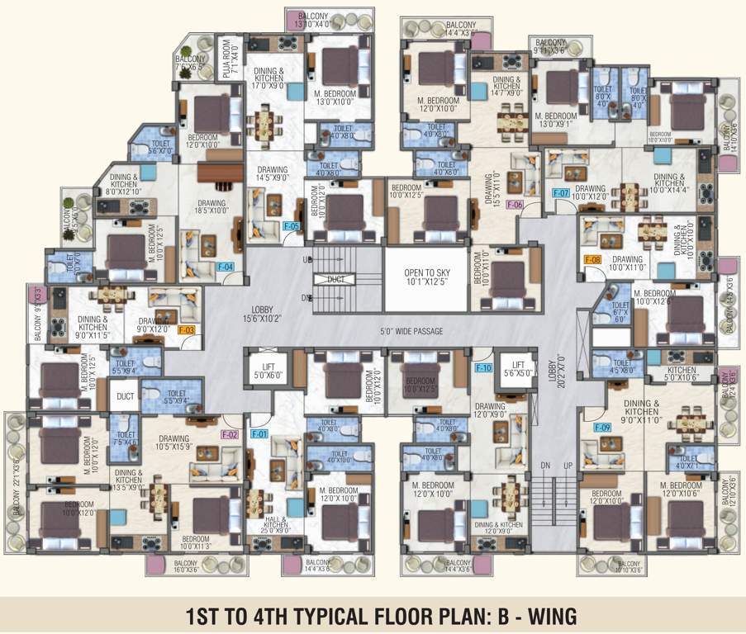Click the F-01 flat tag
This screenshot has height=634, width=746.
pos(259,433)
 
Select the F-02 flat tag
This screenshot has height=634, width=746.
pos(229,433)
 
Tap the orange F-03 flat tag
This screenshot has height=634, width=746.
pos(187,330)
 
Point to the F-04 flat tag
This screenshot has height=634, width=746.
pos(226,267)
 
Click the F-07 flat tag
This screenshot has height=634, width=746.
pos(561,193)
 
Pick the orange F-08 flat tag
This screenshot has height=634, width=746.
pos(592,260)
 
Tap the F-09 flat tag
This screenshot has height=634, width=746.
pos(601,428)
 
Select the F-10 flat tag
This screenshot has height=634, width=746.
pos(483,367)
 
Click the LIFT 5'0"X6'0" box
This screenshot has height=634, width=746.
pos(268,369)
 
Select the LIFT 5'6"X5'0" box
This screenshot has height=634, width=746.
pos(518,369)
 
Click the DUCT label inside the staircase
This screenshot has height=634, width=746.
pos(335,280)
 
